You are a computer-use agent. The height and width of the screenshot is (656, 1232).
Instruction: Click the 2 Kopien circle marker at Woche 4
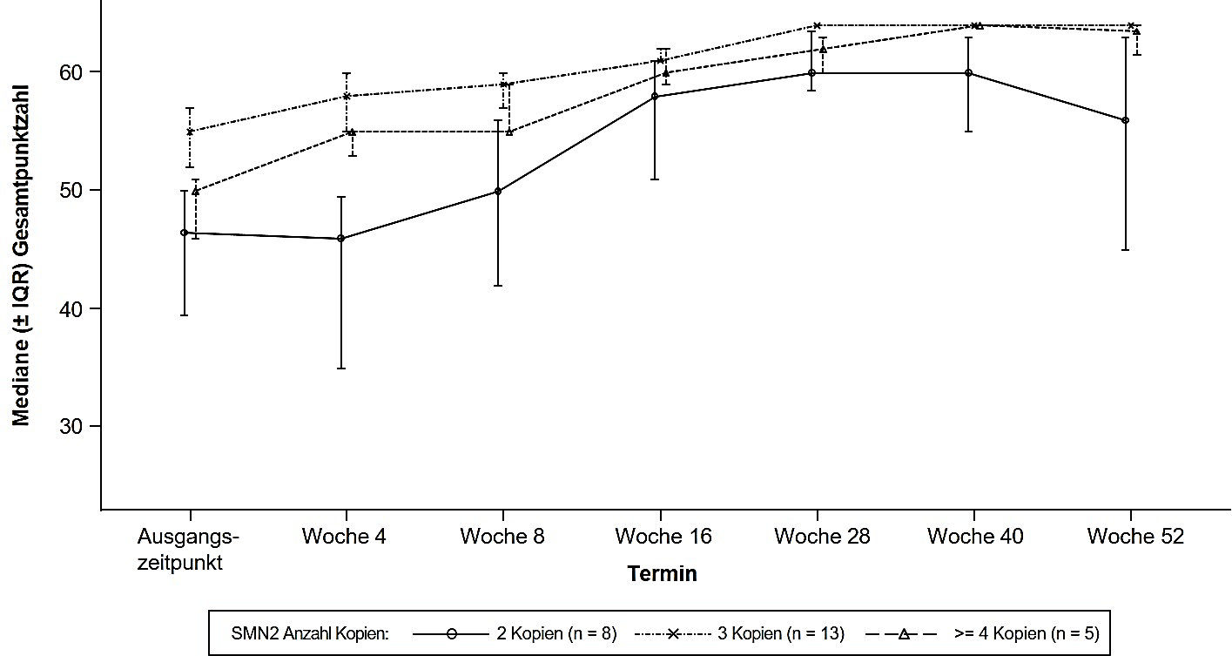[341, 238]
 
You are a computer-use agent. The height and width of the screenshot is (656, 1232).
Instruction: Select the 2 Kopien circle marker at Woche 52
[1125, 120]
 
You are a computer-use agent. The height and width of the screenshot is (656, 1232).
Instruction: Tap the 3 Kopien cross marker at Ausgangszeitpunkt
[190, 132]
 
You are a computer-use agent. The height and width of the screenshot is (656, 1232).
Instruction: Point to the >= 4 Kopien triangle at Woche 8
[509, 132]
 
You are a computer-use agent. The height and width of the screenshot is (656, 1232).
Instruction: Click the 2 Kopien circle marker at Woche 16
[655, 96]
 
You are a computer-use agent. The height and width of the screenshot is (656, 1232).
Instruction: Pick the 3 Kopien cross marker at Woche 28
[817, 25]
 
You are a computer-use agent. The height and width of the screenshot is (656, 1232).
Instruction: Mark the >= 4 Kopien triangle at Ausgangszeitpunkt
[196, 191]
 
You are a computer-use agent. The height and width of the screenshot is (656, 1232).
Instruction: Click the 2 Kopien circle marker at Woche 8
[498, 191]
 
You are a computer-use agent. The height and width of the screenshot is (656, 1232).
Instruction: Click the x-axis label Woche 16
[663, 537]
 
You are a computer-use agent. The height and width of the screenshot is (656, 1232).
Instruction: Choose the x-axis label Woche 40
[975, 537]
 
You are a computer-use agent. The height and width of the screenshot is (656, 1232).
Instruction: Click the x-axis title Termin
[663, 574]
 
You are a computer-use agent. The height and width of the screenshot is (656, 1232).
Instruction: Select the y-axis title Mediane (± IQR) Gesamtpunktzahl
[21, 254]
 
